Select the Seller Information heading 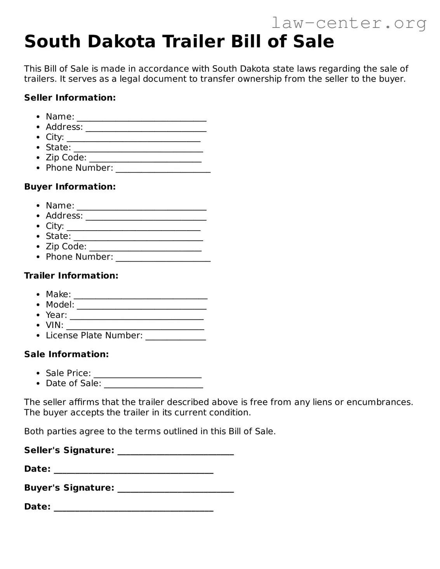point(70,98)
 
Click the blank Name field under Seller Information point(141,118)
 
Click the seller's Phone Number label point(79,168)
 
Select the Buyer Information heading point(70,187)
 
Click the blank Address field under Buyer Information point(146,217)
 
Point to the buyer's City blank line point(134,227)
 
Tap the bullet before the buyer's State point(38,236)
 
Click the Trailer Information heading point(71,276)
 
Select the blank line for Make point(141,296)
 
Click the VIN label point(54,325)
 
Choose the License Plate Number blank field point(176,337)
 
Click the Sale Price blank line point(148,375)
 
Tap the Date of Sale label point(73,383)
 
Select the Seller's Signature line point(176,452)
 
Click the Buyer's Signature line point(176,489)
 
